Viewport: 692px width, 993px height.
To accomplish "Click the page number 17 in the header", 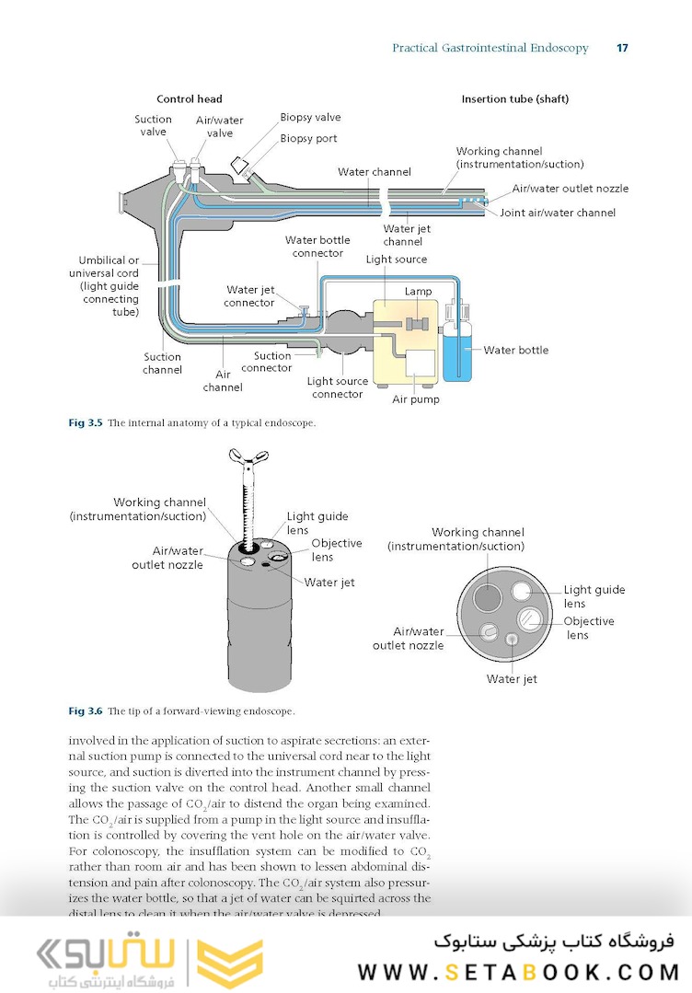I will pyautogui.click(x=622, y=48).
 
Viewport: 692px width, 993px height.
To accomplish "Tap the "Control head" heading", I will pyautogui.click(x=190, y=99).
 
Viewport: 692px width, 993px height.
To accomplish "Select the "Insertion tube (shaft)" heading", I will pyautogui.click(x=514, y=99).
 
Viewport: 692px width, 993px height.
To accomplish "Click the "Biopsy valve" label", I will pyautogui.click(x=310, y=119).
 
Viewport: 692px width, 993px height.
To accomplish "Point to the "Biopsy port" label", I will pyautogui.click(x=308, y=139).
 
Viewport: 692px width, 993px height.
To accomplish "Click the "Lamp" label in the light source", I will pyautogui.click(x=418, y=292).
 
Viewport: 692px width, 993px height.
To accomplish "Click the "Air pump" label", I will pyautogui.click(x=416, y=399).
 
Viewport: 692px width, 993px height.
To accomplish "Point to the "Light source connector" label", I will pyautogui.click(x=337, y=387).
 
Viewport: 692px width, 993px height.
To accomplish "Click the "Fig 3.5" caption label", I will pyautogui.click(x=86, y=423).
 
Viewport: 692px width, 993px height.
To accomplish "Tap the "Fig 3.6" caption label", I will pyautogui.click(x=86, y=711).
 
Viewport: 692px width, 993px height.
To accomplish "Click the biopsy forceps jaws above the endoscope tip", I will pyautogui.click(x=248, y=457).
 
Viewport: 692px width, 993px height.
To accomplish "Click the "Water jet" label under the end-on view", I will pyautogui.click(x=512, y=679).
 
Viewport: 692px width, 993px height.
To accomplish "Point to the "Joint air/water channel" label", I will pyautogui.click(x=558, y=213).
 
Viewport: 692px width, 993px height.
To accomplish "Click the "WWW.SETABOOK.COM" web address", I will pyautogui.click(x=518, y=972).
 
